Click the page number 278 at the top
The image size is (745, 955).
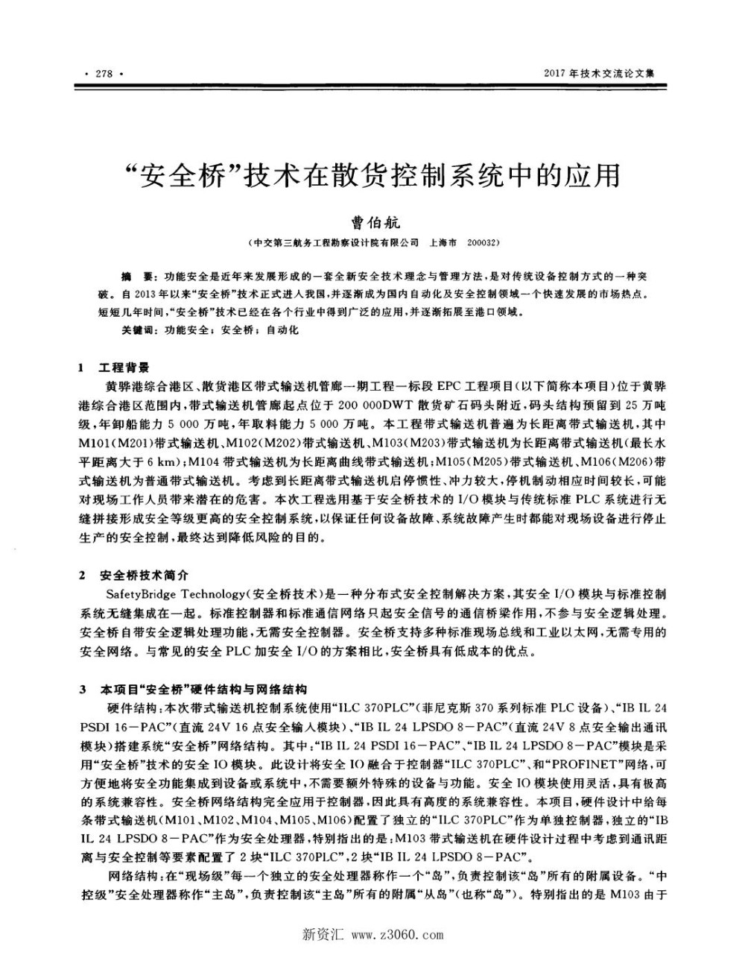pos(104,73)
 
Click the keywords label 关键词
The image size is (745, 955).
pos(140,330)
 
